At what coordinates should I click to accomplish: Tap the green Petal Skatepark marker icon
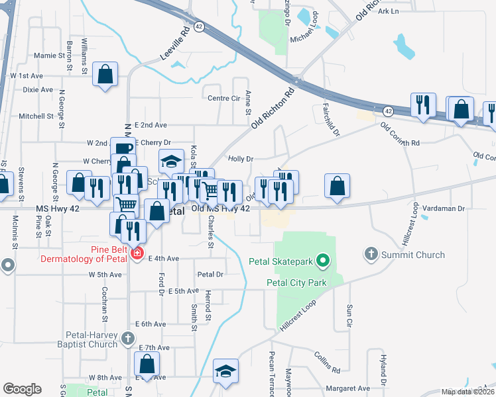click(x=323, y=262)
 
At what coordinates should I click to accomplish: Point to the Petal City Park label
click(x=297, y=283)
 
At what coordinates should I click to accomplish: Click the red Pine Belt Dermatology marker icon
click(x=137, y=253)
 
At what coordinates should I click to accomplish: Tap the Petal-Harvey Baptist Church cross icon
click(x=129, y=339)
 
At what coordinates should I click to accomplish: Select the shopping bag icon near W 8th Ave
click(x=147, y=364)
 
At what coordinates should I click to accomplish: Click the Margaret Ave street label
click(x=345, y=388)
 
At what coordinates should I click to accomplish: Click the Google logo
click(x=22, y=389)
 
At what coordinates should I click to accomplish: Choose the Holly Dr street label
click(x=241, y=159)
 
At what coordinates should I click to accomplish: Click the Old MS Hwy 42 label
click(x=221, y=209)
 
